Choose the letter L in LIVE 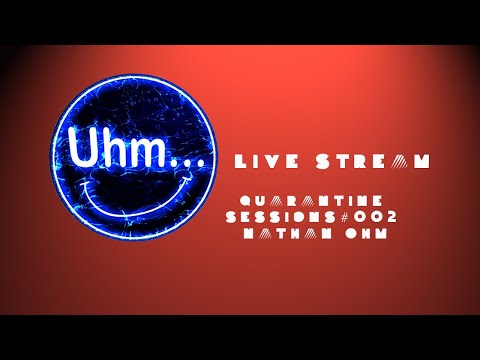pyautogui.click(x=237, y=162)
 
